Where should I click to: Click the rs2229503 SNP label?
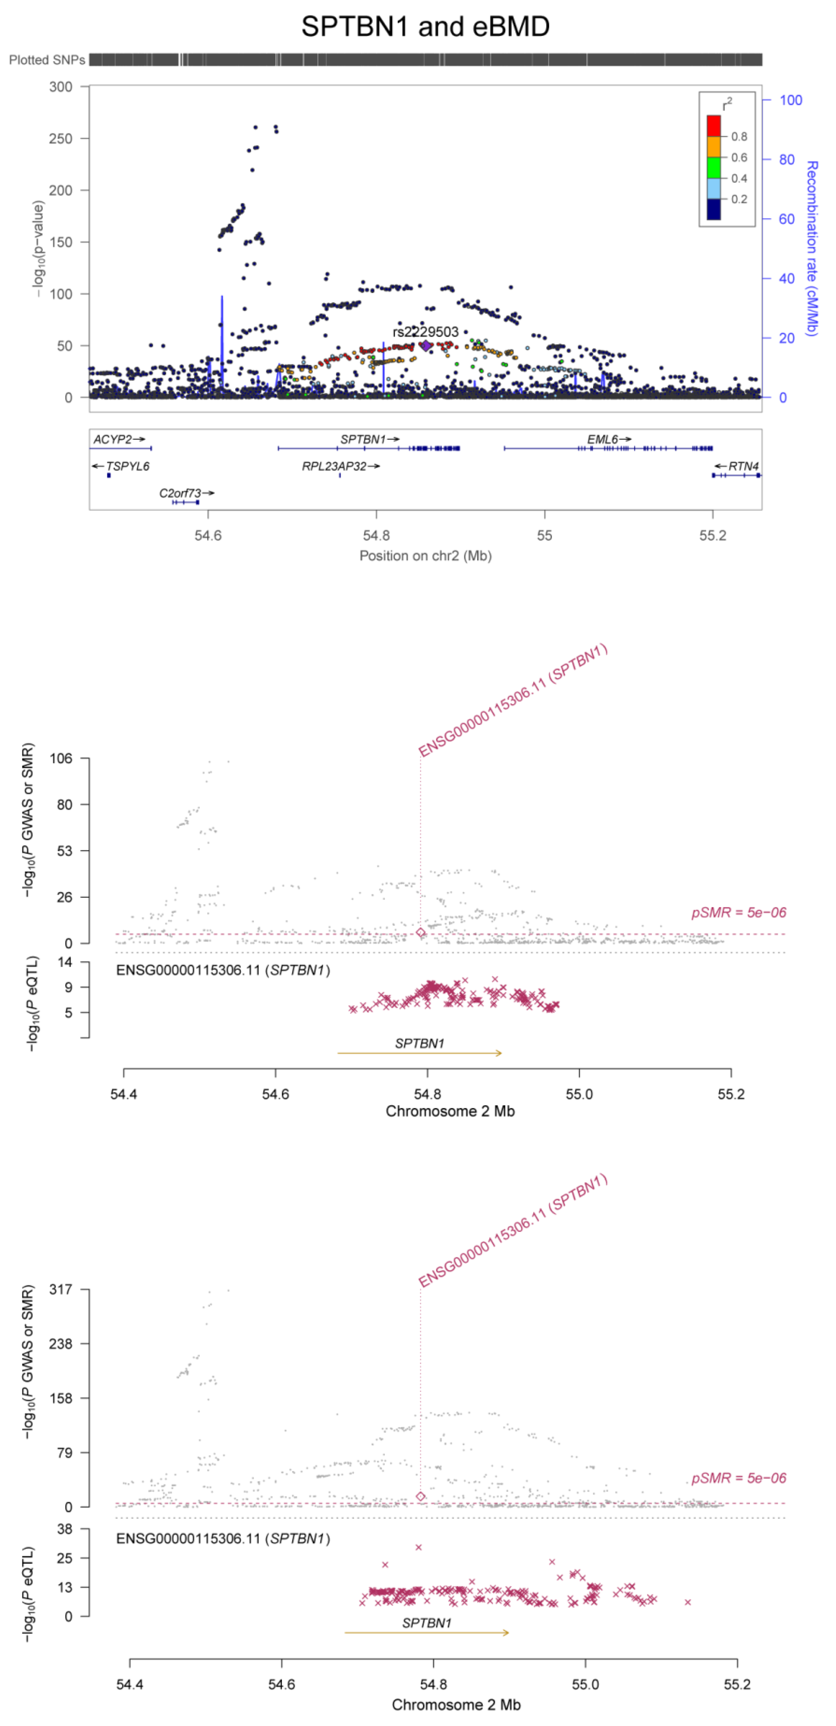(426, 332)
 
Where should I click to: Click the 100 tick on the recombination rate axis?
(790, 100)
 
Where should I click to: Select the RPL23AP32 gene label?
(334, 466)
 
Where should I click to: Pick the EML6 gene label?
(603, 439)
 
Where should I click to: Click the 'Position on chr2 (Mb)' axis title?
(426, 555)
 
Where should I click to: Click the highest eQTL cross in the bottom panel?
(419, 1547)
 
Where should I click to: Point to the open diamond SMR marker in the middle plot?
(421, 933)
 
